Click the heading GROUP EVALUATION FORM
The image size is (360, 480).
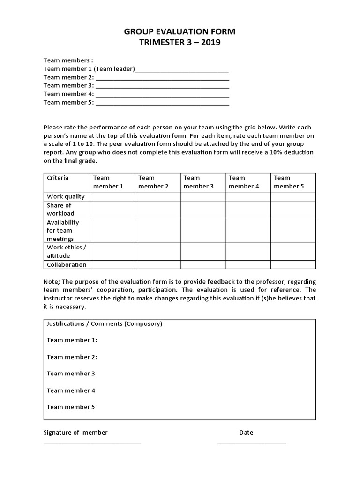coord(180,32)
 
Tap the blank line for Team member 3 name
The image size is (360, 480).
coord(162,87)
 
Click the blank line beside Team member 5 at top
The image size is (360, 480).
coord(162,104)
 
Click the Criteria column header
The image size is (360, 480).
coord(58,178)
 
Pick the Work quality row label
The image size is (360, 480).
coord(66,197)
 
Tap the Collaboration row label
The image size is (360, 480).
coord(67,265)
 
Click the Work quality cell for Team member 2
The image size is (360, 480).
coord(157,197)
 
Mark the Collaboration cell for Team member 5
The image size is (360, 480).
coord(292,265)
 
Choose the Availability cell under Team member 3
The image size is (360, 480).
coord(202,231)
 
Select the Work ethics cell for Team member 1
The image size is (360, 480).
coord(112,252)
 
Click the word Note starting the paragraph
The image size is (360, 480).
coord(51,282)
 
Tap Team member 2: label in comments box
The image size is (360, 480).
coord(72,357)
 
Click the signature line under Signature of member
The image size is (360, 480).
coord(92,443)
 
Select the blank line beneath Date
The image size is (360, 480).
coord(251,443)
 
